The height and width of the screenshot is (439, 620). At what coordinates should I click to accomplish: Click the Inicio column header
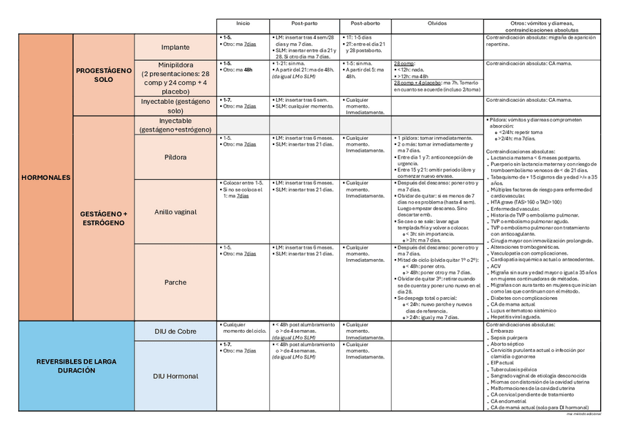[243, 24]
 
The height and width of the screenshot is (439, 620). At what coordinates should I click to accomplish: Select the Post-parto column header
[303, 24]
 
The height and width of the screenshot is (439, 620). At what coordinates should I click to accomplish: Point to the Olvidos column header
[436, 24]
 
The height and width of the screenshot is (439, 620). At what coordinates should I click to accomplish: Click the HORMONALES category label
[46, 177]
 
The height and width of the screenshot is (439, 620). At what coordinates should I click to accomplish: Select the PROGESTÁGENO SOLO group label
[103, 75]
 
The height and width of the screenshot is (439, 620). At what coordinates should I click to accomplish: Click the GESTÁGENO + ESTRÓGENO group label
[104, 217]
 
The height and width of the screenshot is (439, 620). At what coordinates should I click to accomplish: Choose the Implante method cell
[175, 47]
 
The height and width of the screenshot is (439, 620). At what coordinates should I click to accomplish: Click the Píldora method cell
[175, 157]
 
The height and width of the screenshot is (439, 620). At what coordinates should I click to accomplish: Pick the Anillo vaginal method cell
[175, 211]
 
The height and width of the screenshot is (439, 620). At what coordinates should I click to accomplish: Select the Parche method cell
[175, 282]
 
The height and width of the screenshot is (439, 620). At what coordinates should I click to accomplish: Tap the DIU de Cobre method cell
[175, 331]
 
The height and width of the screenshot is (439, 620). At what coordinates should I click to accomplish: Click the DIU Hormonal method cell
[175, 376]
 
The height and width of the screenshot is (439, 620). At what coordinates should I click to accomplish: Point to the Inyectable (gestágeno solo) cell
[175, 106]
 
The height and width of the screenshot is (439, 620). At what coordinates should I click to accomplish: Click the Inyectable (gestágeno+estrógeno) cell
[175, 124]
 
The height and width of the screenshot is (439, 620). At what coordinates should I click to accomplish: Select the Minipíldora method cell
[175, 78]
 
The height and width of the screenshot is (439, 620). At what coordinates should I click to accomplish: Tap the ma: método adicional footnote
[583, 414]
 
